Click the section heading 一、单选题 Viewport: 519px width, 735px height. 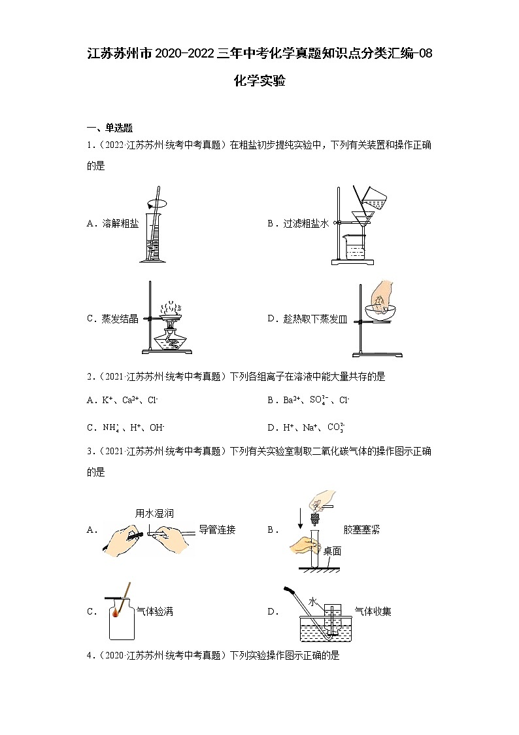coord(110,128)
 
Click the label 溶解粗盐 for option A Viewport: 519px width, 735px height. coord(120,224)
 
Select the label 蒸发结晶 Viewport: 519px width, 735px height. coord(120,319)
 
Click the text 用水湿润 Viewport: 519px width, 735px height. coord(154,513)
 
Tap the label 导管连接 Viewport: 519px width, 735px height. coord(217,530)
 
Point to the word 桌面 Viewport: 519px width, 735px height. coord(332,551)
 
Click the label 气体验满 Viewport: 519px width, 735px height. coord(154,612)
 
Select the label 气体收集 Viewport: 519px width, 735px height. coord(373,612)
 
